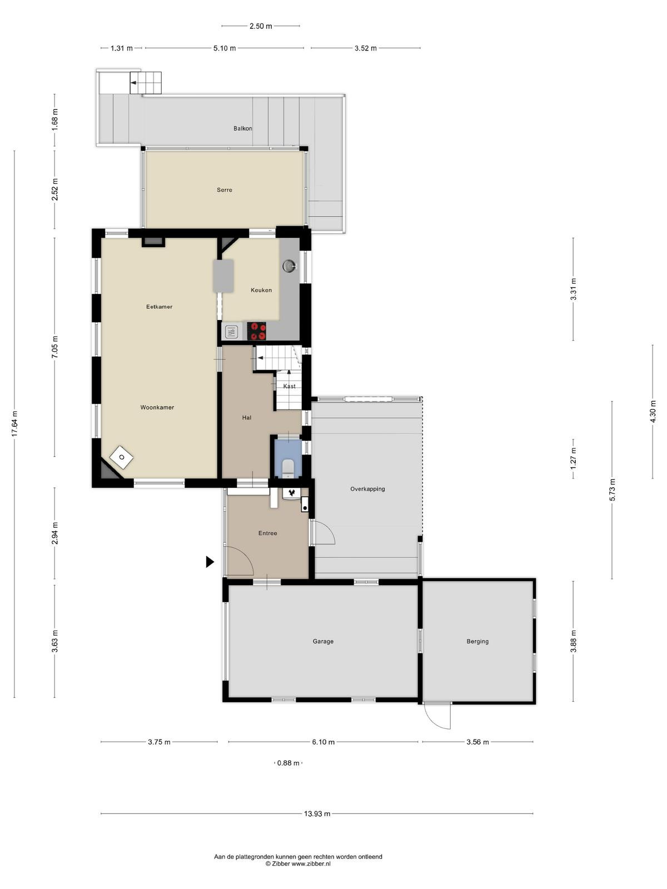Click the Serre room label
click(x=225, y=189)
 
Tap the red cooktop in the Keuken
click(x=256, y=331)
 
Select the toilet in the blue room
click(x=288, y=467)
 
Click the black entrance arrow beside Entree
click(x=210, y=562)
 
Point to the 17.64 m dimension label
click(x=14, y=423)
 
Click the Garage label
click(x=323, y=641)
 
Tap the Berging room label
click(x=477, y=641)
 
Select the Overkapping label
click(x=367, y=489)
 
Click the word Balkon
click(x=242, y=128)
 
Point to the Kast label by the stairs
click(x=289, y=386)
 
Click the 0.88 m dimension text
click(x=288, y=763)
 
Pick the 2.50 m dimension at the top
click(x=261, y=26)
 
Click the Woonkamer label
click(x=157, y=407)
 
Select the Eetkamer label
click(x=159, y=307)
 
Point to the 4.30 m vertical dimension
click(x=653, y=412)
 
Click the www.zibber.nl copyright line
click(x=298, y=863)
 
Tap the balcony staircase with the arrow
click(x=146, y=83)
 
